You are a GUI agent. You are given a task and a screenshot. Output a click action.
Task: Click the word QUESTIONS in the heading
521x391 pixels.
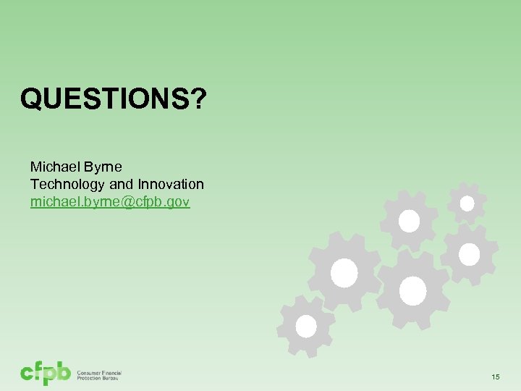[105, 98]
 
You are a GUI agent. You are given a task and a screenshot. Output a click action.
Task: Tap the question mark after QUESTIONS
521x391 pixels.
[198, 98]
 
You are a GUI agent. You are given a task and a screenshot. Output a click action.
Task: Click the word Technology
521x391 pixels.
[67, 185]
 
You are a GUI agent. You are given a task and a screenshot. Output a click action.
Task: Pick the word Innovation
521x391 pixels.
[169, 185]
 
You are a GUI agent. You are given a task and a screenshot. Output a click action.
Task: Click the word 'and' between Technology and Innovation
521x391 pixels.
[120, 185]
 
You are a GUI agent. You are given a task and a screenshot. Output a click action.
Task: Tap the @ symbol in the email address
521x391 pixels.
[125, 202]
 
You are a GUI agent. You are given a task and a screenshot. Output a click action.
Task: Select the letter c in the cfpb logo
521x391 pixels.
[27, 374]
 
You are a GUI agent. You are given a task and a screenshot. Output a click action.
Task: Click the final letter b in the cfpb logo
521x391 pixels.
[64, 372]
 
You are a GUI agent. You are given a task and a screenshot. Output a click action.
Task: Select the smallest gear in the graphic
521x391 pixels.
[467, 203]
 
